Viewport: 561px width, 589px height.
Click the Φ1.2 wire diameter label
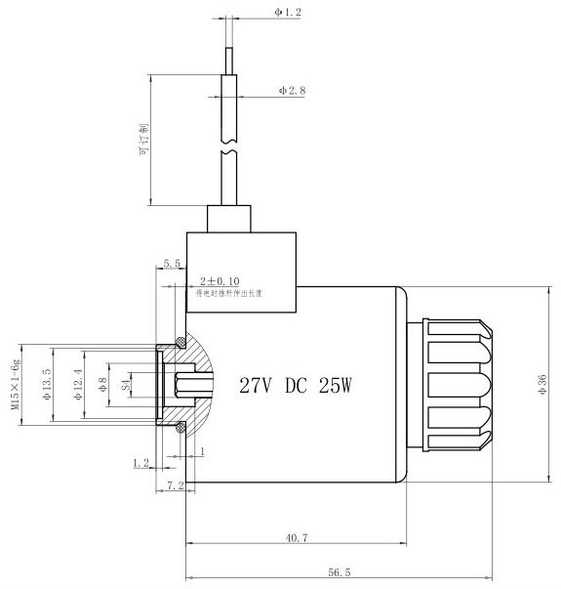[x=290, y=14]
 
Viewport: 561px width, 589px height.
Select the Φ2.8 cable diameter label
[x=292, y=90]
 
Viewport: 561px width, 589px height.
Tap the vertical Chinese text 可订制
[x=143, y=140]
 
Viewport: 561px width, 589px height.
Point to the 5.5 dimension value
[x=172, y=264]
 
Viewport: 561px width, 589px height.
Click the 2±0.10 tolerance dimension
[x=219, y=280]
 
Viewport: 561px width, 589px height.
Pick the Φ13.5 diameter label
[x=46, y=384]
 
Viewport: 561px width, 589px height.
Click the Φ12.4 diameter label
[x=78, y=384]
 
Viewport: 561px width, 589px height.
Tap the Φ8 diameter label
[x=100, y=384]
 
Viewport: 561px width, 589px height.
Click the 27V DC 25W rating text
[x=295, y=385]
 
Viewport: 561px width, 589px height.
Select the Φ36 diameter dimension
[x=542, y=384]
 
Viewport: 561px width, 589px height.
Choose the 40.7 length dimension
[x=299, y=537]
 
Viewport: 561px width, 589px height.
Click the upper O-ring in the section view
[x=180, y=341]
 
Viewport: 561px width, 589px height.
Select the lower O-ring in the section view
[x=180, y=427]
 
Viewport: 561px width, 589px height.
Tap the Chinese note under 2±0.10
[x=230, y=292]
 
